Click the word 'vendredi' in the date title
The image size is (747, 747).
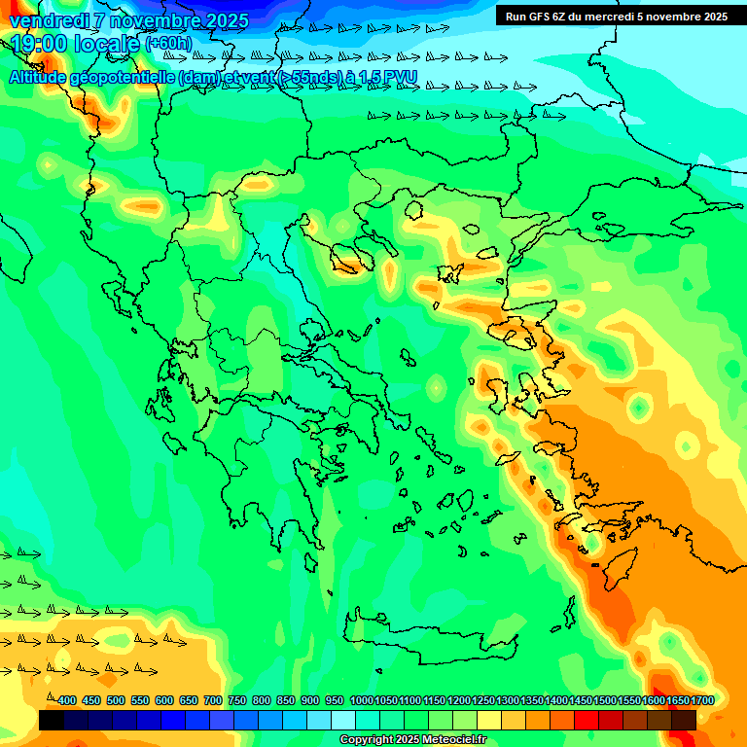47,20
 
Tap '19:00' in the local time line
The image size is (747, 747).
40,44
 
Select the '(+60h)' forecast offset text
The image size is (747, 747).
168,44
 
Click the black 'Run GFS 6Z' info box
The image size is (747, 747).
616,16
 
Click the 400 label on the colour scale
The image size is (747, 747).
66,701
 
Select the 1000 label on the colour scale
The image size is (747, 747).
361,701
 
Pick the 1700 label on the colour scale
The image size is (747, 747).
702,701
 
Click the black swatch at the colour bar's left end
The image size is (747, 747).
52,720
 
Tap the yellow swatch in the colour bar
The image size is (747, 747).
489,720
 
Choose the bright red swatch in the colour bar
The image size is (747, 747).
587,720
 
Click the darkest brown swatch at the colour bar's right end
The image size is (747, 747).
684,720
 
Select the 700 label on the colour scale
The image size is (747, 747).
213,701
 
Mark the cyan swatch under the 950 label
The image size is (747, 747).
343,720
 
